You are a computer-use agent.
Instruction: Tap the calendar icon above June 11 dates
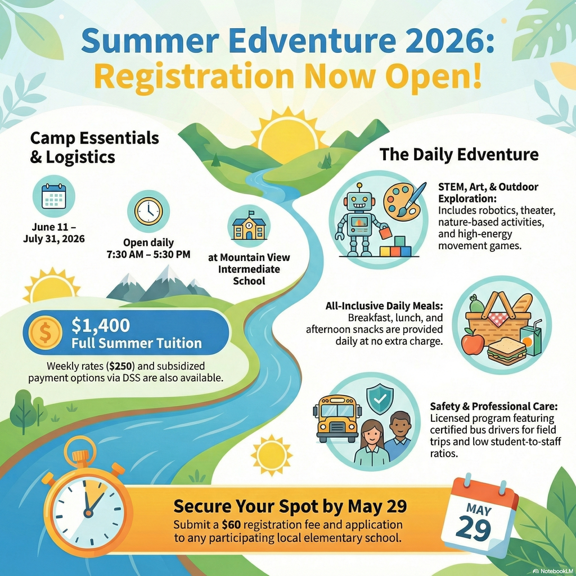(54, 196)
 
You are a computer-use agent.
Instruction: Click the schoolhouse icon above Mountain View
(249, 226)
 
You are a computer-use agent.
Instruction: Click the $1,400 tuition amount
(101, 325)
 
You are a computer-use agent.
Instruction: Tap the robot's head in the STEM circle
(360, 201)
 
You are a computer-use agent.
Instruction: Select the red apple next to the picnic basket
(472, 342)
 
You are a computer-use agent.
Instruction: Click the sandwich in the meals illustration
(506, 352)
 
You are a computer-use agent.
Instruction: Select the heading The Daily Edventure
(459, 154)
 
